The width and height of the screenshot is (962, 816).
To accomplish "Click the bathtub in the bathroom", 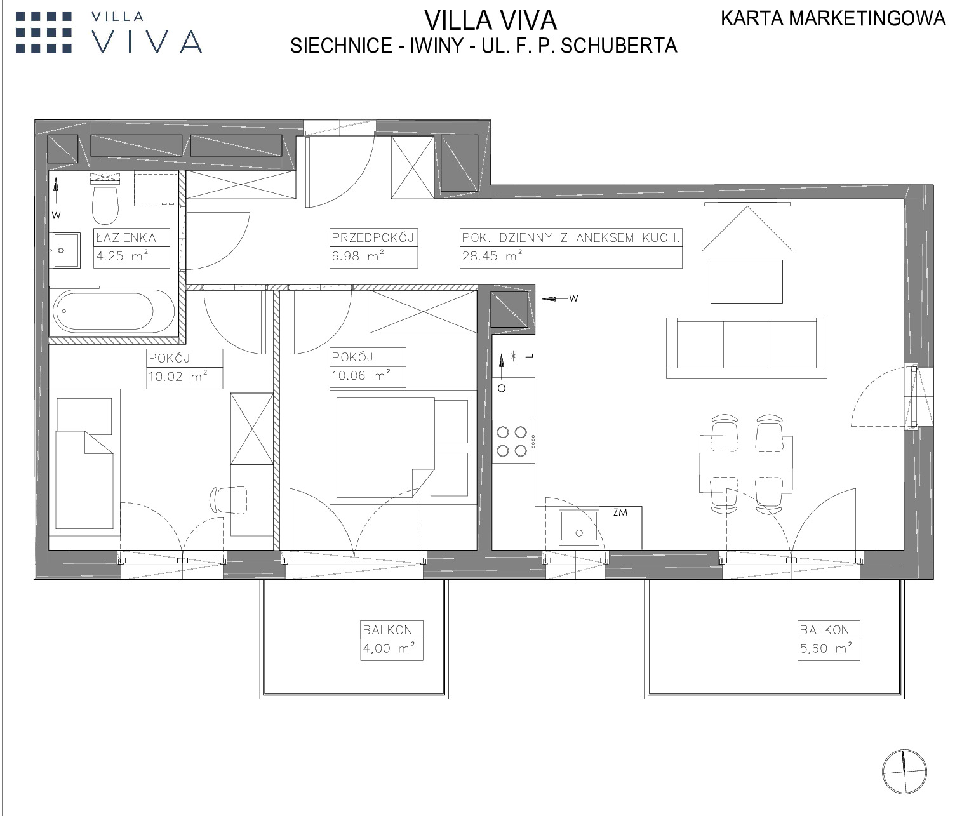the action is point(114,311).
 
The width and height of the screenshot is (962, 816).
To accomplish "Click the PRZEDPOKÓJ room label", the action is point(373,237).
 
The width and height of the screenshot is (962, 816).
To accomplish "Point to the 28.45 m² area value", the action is point(492,256).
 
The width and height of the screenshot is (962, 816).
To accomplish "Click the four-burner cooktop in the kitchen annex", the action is point(512,441).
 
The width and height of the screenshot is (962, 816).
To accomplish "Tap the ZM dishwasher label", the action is point(620,512).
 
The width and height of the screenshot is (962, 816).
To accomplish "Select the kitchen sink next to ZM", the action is point(579,528).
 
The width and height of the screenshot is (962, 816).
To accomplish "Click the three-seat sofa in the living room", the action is point(747,348).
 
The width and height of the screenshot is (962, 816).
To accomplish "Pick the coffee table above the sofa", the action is point(747,281).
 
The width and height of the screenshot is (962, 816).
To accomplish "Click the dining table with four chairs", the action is point(746,464).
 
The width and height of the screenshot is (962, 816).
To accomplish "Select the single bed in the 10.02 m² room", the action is point(84,463).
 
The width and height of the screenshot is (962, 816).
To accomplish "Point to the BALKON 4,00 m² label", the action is point(391,640).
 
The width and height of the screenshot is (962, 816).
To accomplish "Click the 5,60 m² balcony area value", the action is point(826,648).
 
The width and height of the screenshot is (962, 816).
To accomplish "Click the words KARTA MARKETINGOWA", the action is point(833,18).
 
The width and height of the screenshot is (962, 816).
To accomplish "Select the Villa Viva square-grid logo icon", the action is point(44,32).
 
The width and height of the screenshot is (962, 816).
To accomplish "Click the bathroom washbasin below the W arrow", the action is point(66,250).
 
